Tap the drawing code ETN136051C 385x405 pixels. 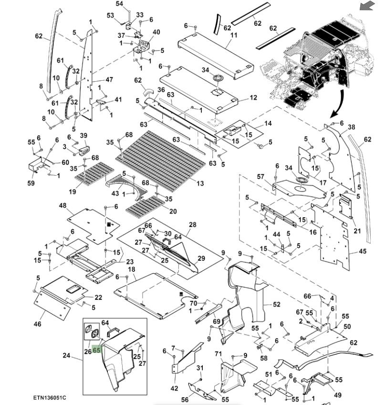50,398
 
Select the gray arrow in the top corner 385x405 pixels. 367,6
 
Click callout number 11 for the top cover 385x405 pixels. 234,36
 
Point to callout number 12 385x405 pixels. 253,98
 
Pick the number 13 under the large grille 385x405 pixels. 199,183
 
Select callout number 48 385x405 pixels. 63,205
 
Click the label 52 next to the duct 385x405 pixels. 277,304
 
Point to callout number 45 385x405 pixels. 363,252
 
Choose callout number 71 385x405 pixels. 219,354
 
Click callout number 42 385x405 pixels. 174,388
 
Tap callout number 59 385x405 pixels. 31,182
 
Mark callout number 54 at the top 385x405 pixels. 119,4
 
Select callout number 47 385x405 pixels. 109,80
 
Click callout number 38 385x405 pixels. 352,128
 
